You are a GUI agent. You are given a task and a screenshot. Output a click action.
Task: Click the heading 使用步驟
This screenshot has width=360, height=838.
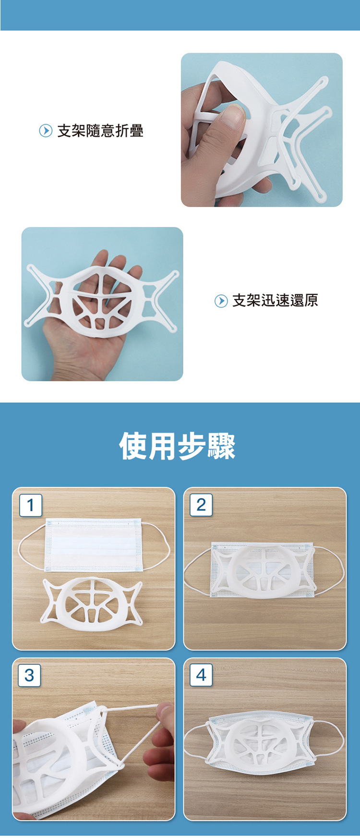point(177,446)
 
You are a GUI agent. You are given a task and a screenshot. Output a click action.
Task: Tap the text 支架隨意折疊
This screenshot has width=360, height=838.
point(100,131)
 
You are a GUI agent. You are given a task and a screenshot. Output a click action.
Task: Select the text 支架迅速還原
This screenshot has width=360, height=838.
point(275,301)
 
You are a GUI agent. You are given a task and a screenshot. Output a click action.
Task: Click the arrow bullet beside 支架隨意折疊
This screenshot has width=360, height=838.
point(46,131)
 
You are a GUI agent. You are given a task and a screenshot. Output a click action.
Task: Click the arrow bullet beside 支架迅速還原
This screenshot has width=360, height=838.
point(221,301)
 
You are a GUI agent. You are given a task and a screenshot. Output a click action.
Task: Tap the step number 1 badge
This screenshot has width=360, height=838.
point(31,505)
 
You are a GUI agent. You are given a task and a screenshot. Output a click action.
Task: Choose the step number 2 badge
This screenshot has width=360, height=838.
point(201,505)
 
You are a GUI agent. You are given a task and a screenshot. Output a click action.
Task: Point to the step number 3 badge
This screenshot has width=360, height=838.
point(29,675)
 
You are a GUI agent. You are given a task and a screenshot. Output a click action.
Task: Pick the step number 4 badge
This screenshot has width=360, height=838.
point(201,675)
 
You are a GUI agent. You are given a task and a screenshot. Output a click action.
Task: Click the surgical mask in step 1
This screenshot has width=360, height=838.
point(92,545)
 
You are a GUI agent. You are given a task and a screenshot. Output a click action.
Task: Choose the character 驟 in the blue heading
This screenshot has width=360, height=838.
point(221,446)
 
